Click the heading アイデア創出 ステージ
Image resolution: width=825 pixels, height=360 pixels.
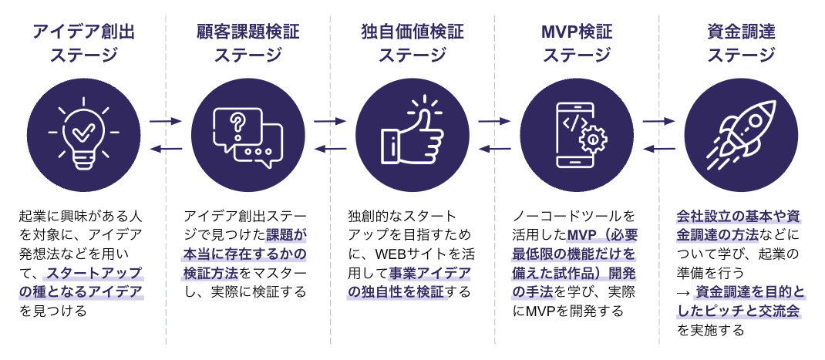(84, 43)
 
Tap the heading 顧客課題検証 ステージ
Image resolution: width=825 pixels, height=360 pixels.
(247, 43)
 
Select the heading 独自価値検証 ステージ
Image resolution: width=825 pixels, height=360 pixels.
(412, 43)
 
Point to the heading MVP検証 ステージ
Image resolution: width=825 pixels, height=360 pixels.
(577, 43)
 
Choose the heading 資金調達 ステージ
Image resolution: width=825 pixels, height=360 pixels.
(741, 43)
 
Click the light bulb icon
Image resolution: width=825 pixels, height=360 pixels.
(84, 133)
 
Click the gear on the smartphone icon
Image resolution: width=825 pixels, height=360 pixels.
(593, 140)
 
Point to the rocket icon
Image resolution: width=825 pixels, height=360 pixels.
(741, 135)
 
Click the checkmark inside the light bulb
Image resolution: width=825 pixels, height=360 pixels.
(82, 134)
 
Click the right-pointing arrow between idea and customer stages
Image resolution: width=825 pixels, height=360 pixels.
(165, 121)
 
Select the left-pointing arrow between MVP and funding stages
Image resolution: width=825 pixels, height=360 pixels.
(658, 149)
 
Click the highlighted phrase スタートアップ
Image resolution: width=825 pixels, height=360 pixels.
(94, 273)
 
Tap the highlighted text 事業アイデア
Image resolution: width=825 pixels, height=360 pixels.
(430, 273)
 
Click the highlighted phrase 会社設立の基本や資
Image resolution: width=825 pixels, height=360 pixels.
(739, 216)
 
